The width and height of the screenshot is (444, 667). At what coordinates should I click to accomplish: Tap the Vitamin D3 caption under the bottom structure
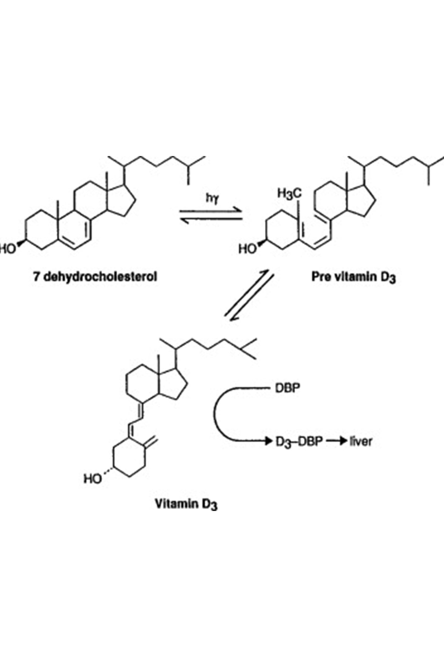186,504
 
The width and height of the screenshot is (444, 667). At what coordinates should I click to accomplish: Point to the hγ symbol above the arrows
212,199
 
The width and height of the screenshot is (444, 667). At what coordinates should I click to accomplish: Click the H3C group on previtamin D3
290,193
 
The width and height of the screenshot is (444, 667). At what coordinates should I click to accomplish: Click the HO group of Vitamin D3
93,479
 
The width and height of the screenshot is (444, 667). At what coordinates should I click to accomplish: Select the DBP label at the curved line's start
287,388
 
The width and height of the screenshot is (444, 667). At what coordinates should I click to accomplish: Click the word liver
360,441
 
